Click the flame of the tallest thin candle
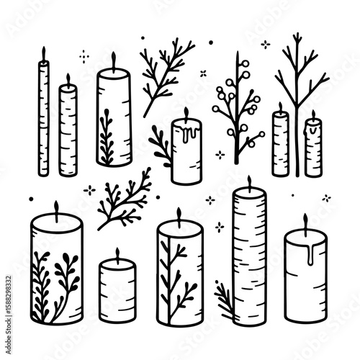(x=43, y=53)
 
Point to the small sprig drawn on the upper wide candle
(x=107, y=137)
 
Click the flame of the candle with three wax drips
(x=185, y=113)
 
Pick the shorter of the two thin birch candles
(x=68, y=130)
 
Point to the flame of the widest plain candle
(x=305, y=220)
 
